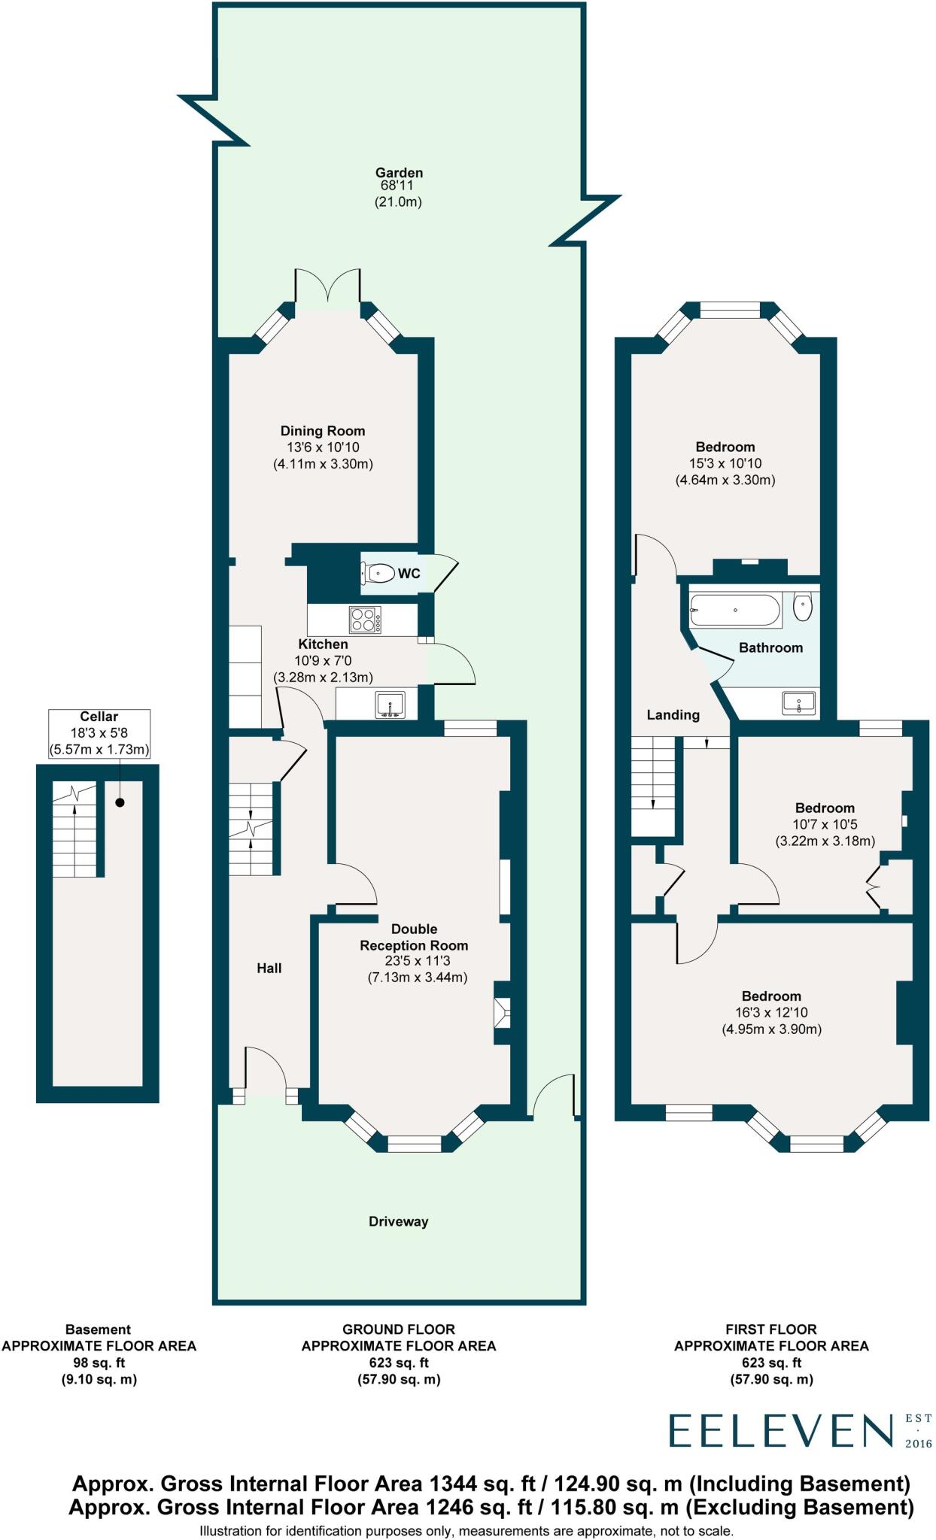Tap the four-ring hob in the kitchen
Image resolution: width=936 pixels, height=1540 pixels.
[x=365, y=620]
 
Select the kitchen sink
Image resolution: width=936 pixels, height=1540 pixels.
[x=391, y=705]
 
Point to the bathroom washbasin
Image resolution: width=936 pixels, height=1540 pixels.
[x=798, y=704]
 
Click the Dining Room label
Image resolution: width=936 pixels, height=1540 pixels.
[x=323, y=431]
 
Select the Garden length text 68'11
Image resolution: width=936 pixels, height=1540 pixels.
[x=397, y=186]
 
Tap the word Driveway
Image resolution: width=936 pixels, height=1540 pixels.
[x=398, y=1221]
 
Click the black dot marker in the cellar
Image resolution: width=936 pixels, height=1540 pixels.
[x=119, y=803]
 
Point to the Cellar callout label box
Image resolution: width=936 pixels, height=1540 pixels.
[x=99, y=733]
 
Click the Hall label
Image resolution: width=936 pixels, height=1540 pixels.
[x=269, y=968]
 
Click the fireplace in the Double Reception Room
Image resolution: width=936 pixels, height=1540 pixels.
[x=502, y=1013]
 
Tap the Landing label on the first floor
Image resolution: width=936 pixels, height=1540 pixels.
[x=673, y=714]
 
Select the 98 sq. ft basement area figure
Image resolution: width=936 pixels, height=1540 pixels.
[x=99, y=1363]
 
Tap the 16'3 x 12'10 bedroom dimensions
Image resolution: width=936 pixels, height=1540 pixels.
[x=771, y=1012]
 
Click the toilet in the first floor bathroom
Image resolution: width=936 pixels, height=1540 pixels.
[x=803, y=607]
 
